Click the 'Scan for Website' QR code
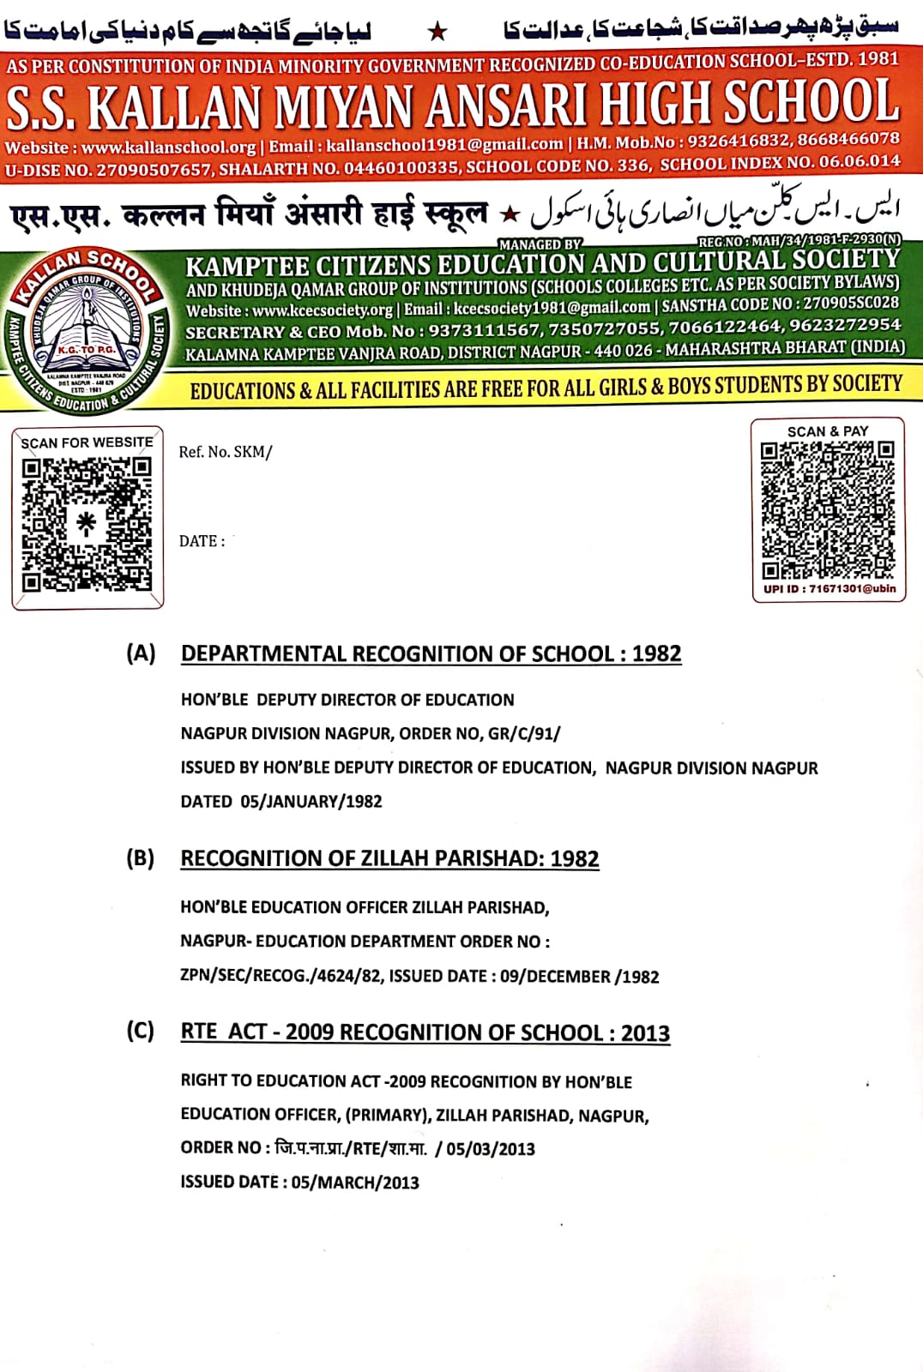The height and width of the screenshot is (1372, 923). tap(87, 524)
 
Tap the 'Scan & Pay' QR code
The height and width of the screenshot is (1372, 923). tap(828, 509)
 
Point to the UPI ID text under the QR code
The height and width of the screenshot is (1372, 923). tap(829, 589)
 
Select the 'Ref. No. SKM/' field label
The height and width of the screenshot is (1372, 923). tap(225, 452)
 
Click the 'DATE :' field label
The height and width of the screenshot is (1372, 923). tap(202, 541)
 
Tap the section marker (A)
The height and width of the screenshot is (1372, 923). tap(141, 653)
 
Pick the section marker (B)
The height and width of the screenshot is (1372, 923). tap(141, 858)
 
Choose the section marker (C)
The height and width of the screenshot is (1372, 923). tap(141, 1031)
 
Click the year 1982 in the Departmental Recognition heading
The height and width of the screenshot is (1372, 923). tap(656, 654)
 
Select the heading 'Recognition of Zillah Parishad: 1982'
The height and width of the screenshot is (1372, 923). tap(389, 859)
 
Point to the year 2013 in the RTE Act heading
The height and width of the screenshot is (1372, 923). tap(645, 1032)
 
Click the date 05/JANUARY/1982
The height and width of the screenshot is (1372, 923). tap(311, 802)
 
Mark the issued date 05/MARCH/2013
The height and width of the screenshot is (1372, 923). tap(354, 1182)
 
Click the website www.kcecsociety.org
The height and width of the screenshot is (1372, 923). tap(322, 310)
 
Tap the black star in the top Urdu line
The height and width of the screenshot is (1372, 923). tap(437, 32)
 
